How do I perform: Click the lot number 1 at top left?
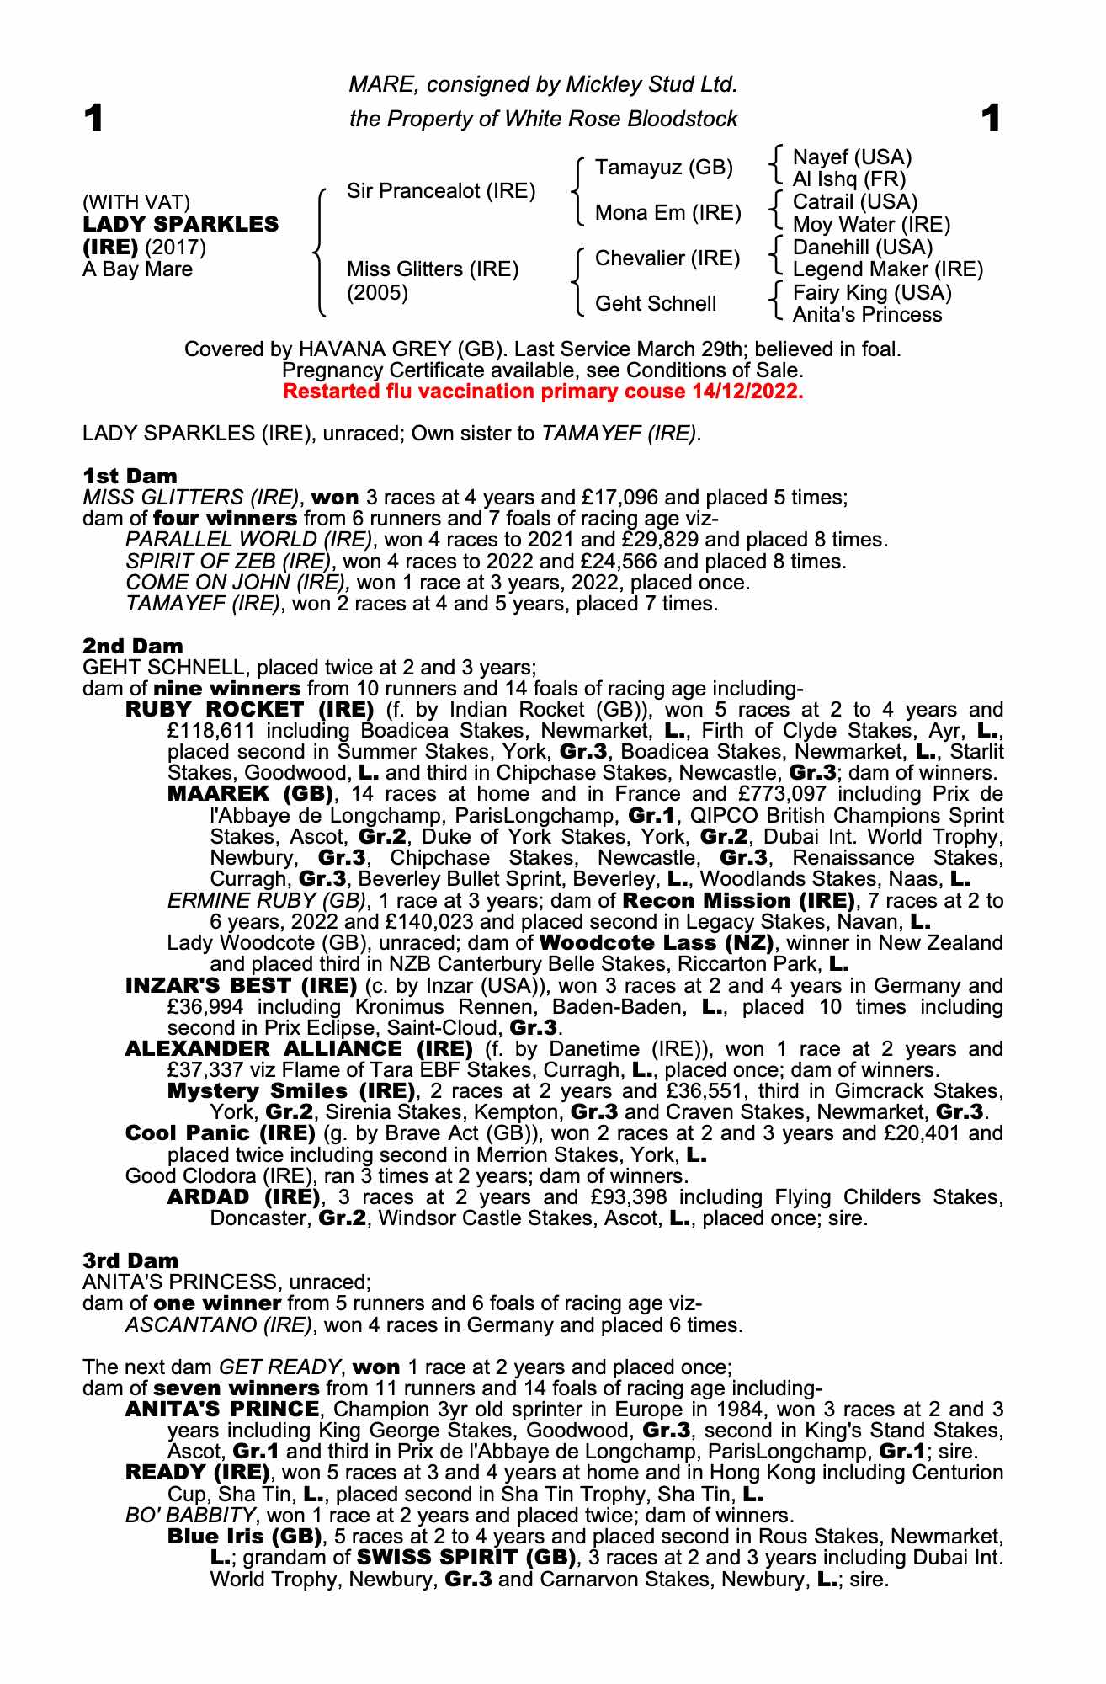93,119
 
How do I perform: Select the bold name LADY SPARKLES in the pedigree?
180,225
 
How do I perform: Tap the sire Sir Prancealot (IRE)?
441,191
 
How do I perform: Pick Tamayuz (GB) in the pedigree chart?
664,168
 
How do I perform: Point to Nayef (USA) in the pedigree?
853,157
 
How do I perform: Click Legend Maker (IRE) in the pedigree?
888,269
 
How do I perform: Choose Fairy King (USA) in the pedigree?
872,293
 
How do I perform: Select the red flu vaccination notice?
543,392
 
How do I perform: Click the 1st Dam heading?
130,476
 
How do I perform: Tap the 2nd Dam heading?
132,647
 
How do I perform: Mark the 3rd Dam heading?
130,1260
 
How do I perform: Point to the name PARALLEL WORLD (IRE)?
248,540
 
